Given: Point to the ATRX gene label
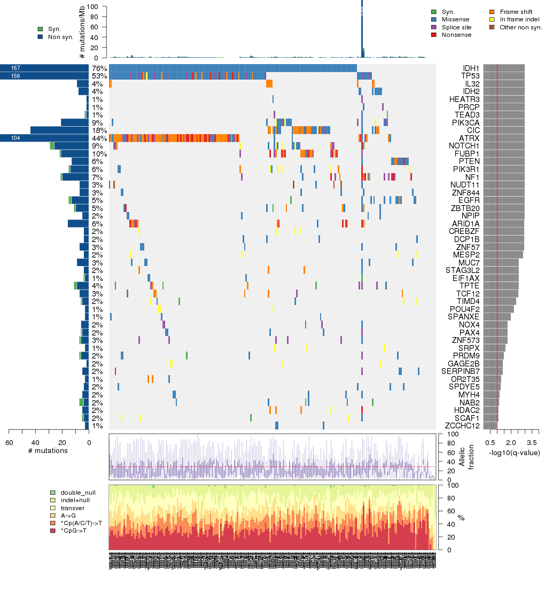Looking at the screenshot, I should pyautogui.click(x=470, y=138).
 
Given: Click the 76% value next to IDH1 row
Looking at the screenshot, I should pyautogui.click(x=98, y=68).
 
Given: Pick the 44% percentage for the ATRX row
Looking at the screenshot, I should pyautogui.click(x=98, y=138).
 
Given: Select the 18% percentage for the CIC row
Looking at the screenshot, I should pyautogui.click(x=98, y=130).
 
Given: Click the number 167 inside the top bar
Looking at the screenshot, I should pyautogui.click(x=15, y=68).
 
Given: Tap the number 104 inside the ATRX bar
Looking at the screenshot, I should pyautogui.click(x=15, y=138).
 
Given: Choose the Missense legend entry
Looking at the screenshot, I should pyautogui.click(x=455, y=19).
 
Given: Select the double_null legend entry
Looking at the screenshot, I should pyautogui.click(x=77, y=492).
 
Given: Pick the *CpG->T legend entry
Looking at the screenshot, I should pyautogui.click(x=74, y=530).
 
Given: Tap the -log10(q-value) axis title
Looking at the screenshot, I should pyautogui.click(x=514, y=452).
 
